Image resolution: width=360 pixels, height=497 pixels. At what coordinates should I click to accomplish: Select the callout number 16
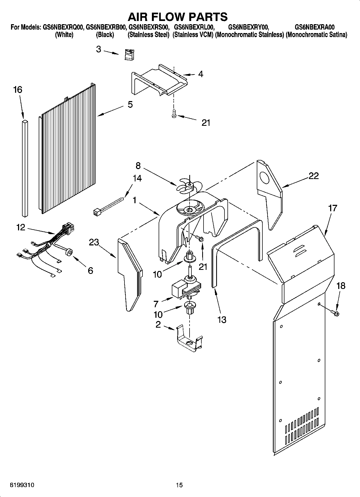pyautogui.click(x=18, y=90)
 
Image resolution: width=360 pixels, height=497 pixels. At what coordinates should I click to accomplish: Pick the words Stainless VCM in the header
pyautogui.click(x=193, y=35)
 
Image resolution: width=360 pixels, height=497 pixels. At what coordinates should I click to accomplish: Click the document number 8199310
pyautogui.click(x=22, y=485)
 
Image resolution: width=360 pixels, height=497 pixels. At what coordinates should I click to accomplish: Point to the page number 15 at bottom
pyautogui.click(x=179, y=485)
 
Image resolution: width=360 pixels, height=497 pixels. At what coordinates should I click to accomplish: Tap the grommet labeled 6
pyautogui.click(x=70, y=252)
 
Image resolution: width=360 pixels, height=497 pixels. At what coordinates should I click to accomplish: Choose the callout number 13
pyautogui.click(x=222, y=320)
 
